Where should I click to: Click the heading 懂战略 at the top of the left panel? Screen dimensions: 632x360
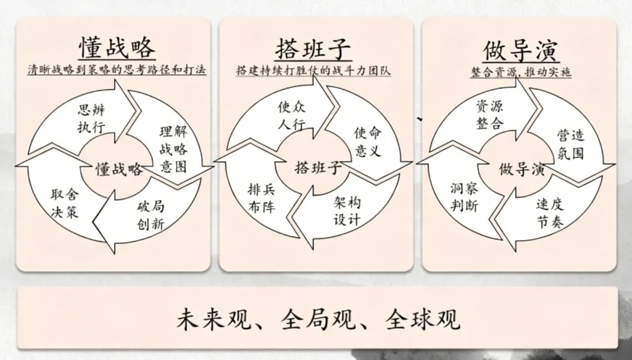tap(118, 47)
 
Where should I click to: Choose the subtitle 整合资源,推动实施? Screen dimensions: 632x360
tap(521, 72)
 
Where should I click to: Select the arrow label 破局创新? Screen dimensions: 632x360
tap(150, 216)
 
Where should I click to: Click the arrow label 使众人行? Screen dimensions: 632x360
tap(291, 115)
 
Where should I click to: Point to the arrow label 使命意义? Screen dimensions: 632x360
tap(368, 142)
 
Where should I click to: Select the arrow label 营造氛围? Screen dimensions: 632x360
tap(570, 145)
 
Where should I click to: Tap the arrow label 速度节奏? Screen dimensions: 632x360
tap(549, 213)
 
